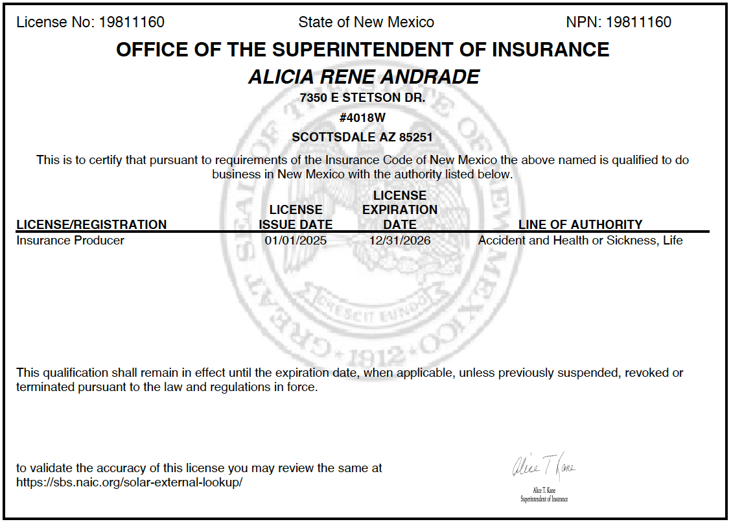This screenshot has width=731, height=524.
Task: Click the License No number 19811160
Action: coord(132,22)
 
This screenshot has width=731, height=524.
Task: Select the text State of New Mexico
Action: coord(366,22)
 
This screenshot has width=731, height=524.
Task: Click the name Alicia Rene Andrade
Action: coord(364,77)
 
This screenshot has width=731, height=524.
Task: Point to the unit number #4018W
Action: coord(363,118)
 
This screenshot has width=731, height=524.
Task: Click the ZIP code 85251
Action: coord(415,137)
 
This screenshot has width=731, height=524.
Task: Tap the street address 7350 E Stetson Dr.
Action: coord(363,99)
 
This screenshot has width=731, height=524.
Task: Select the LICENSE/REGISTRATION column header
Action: coord(91,224)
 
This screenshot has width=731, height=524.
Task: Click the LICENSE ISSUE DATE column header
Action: coord(296,217)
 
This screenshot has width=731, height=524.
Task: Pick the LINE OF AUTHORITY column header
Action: coord(581,224)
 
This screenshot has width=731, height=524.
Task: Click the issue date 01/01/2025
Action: coord(296,241)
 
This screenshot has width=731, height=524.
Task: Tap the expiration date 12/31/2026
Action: coord(400,241)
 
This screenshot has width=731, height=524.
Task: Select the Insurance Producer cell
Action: coord(70,241)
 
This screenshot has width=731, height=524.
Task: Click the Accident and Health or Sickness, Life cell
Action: coord(581,241)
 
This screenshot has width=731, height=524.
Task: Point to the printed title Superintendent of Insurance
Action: coord(544,499)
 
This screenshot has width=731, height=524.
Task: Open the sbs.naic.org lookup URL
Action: coord(130,482)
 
